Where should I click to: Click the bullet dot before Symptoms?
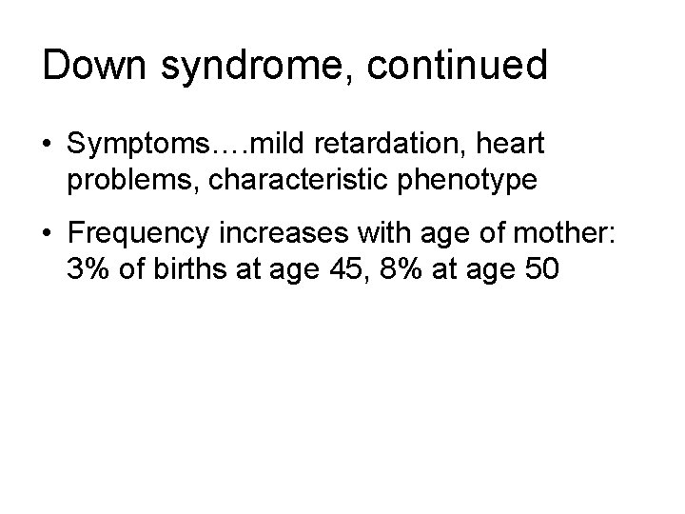point(48,144)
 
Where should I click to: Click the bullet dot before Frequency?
point(48,230)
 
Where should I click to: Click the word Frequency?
point(139,231)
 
